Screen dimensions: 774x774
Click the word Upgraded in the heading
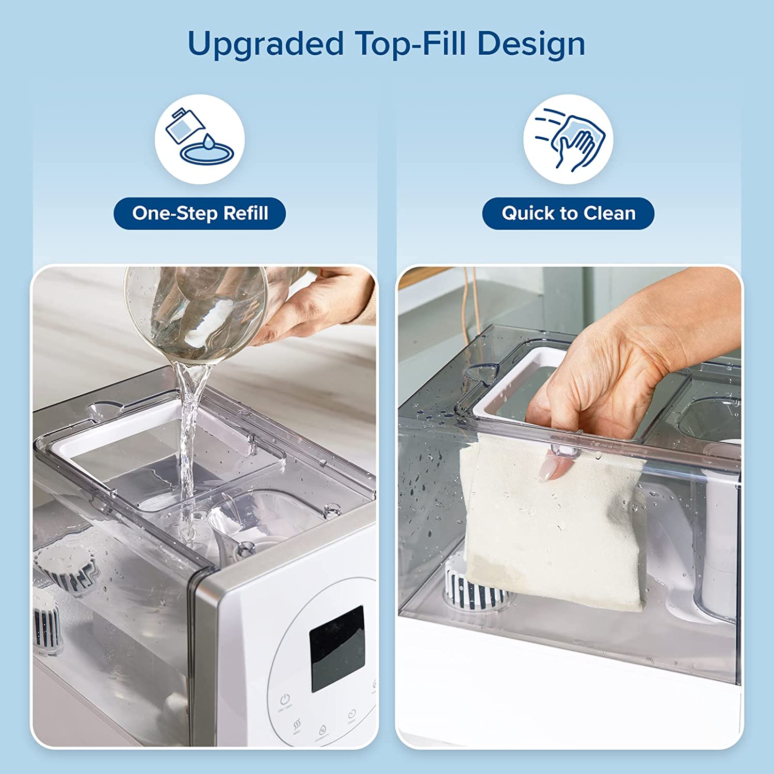(x=265, y=44)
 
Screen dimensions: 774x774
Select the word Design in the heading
(x=531, y=44)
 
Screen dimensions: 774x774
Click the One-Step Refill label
(x=200, y=213)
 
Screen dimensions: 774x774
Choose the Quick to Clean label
(x=568, y=213)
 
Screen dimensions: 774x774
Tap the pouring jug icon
(x=199, y=138)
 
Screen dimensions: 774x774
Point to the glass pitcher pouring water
(x=196, y=315)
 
